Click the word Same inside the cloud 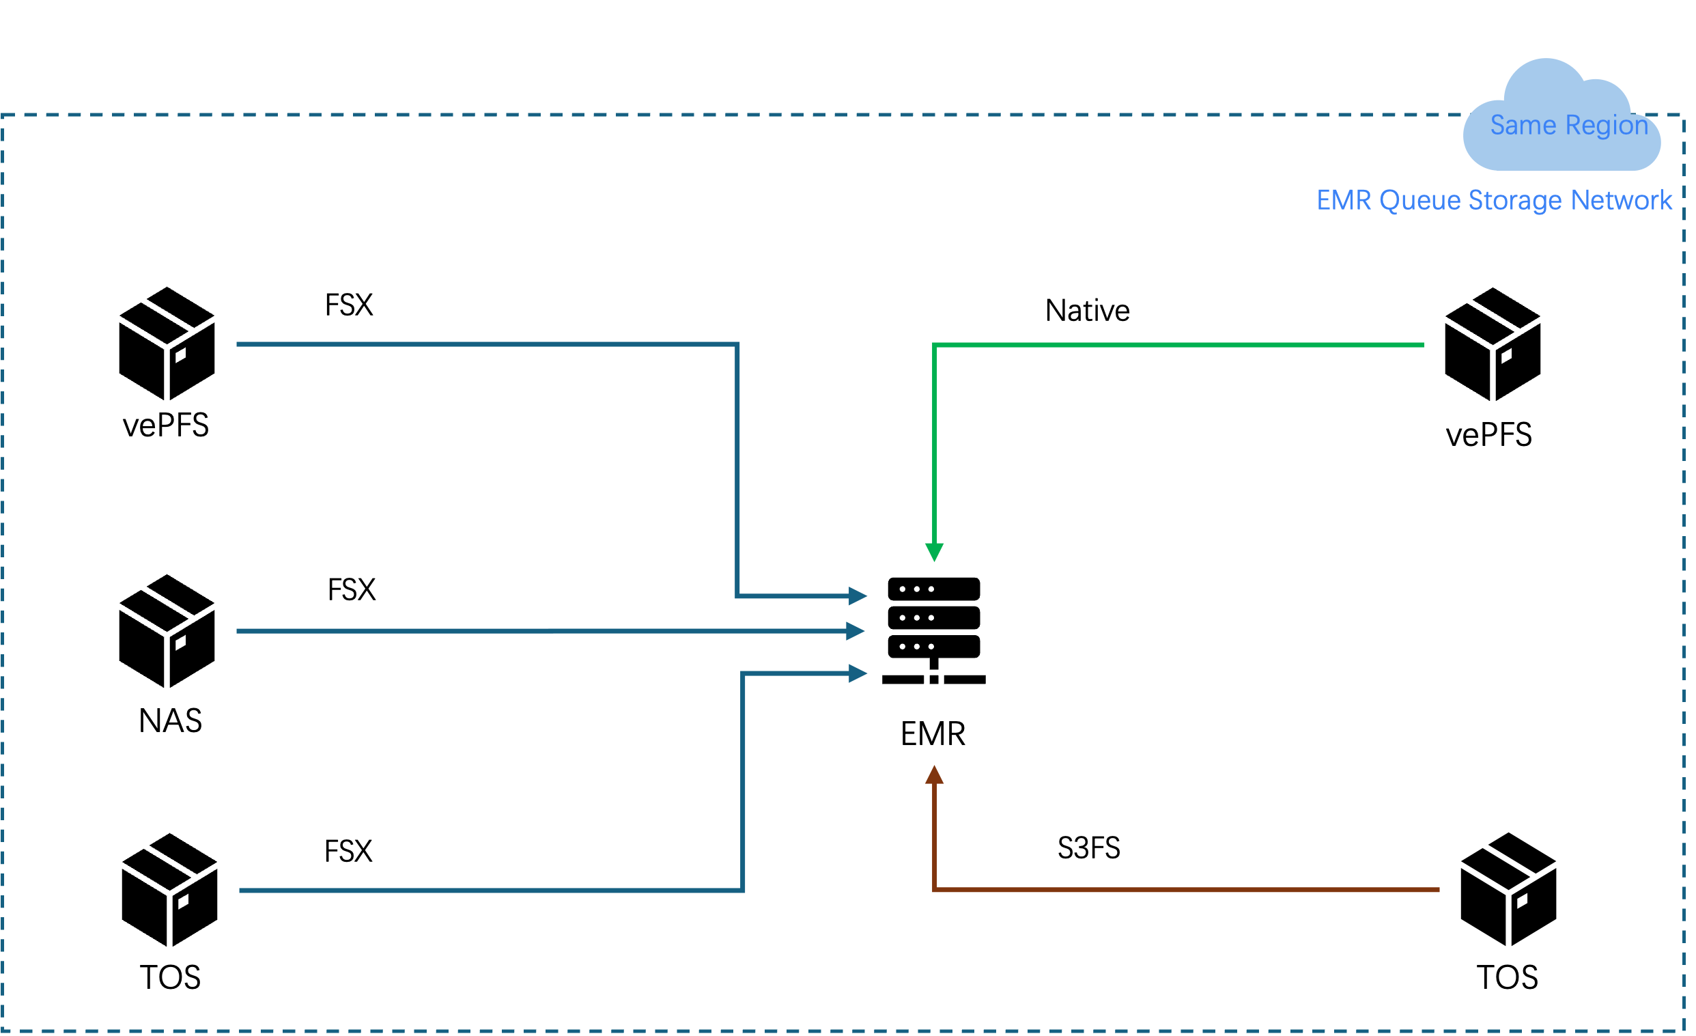[x=1514, y=125]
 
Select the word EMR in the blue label [x=1344, y=200]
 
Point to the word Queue [x=1420, y=200]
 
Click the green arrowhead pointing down [x=934, y=552]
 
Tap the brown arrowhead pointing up [x=934, y=776]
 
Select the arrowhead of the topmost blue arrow [x=858, y=596]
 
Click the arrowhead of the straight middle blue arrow [x=855, y=630]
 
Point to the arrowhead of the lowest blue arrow [x=858, y=673]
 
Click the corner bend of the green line [x=935, y=345]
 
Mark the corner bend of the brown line [x=935, y=890]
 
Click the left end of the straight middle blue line [x=238, y=630]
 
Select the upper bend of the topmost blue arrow [x=737, y=344]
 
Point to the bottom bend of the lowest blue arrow [x=743, y=890]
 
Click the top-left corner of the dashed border [x=3, y=115]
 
